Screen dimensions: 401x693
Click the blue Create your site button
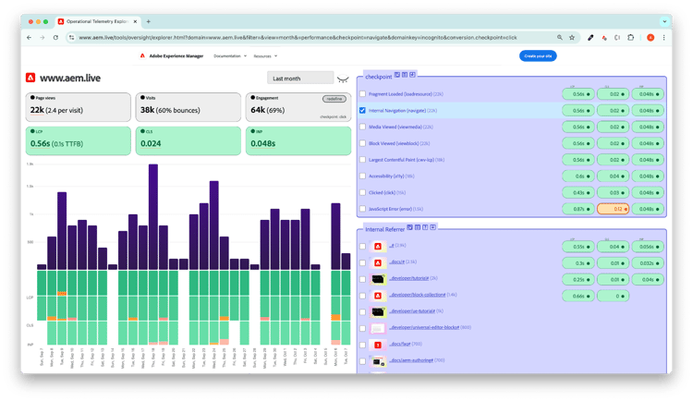pyautogui.click(x=537, y=56)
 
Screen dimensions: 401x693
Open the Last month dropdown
pyautogui.click(x=298, y=79)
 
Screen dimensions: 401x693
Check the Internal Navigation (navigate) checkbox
pyautogui.click(x=363, y=110)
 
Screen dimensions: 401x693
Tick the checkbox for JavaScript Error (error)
pyautogui.click(x=363, y=209)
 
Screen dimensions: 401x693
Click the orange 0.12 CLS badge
pyautogui.click(x=612, y=209)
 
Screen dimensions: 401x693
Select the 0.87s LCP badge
pyautogui.click(x=578, y=209)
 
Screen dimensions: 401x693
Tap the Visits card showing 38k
pyautogui.click(x=188, y=107)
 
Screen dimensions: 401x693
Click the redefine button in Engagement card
pyautogui.click(x=334, y=98)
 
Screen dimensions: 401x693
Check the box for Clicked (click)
pyautogui.click(x=363, y=192)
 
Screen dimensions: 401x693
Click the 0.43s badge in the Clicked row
pyautogui.click(x=578, y=192)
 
